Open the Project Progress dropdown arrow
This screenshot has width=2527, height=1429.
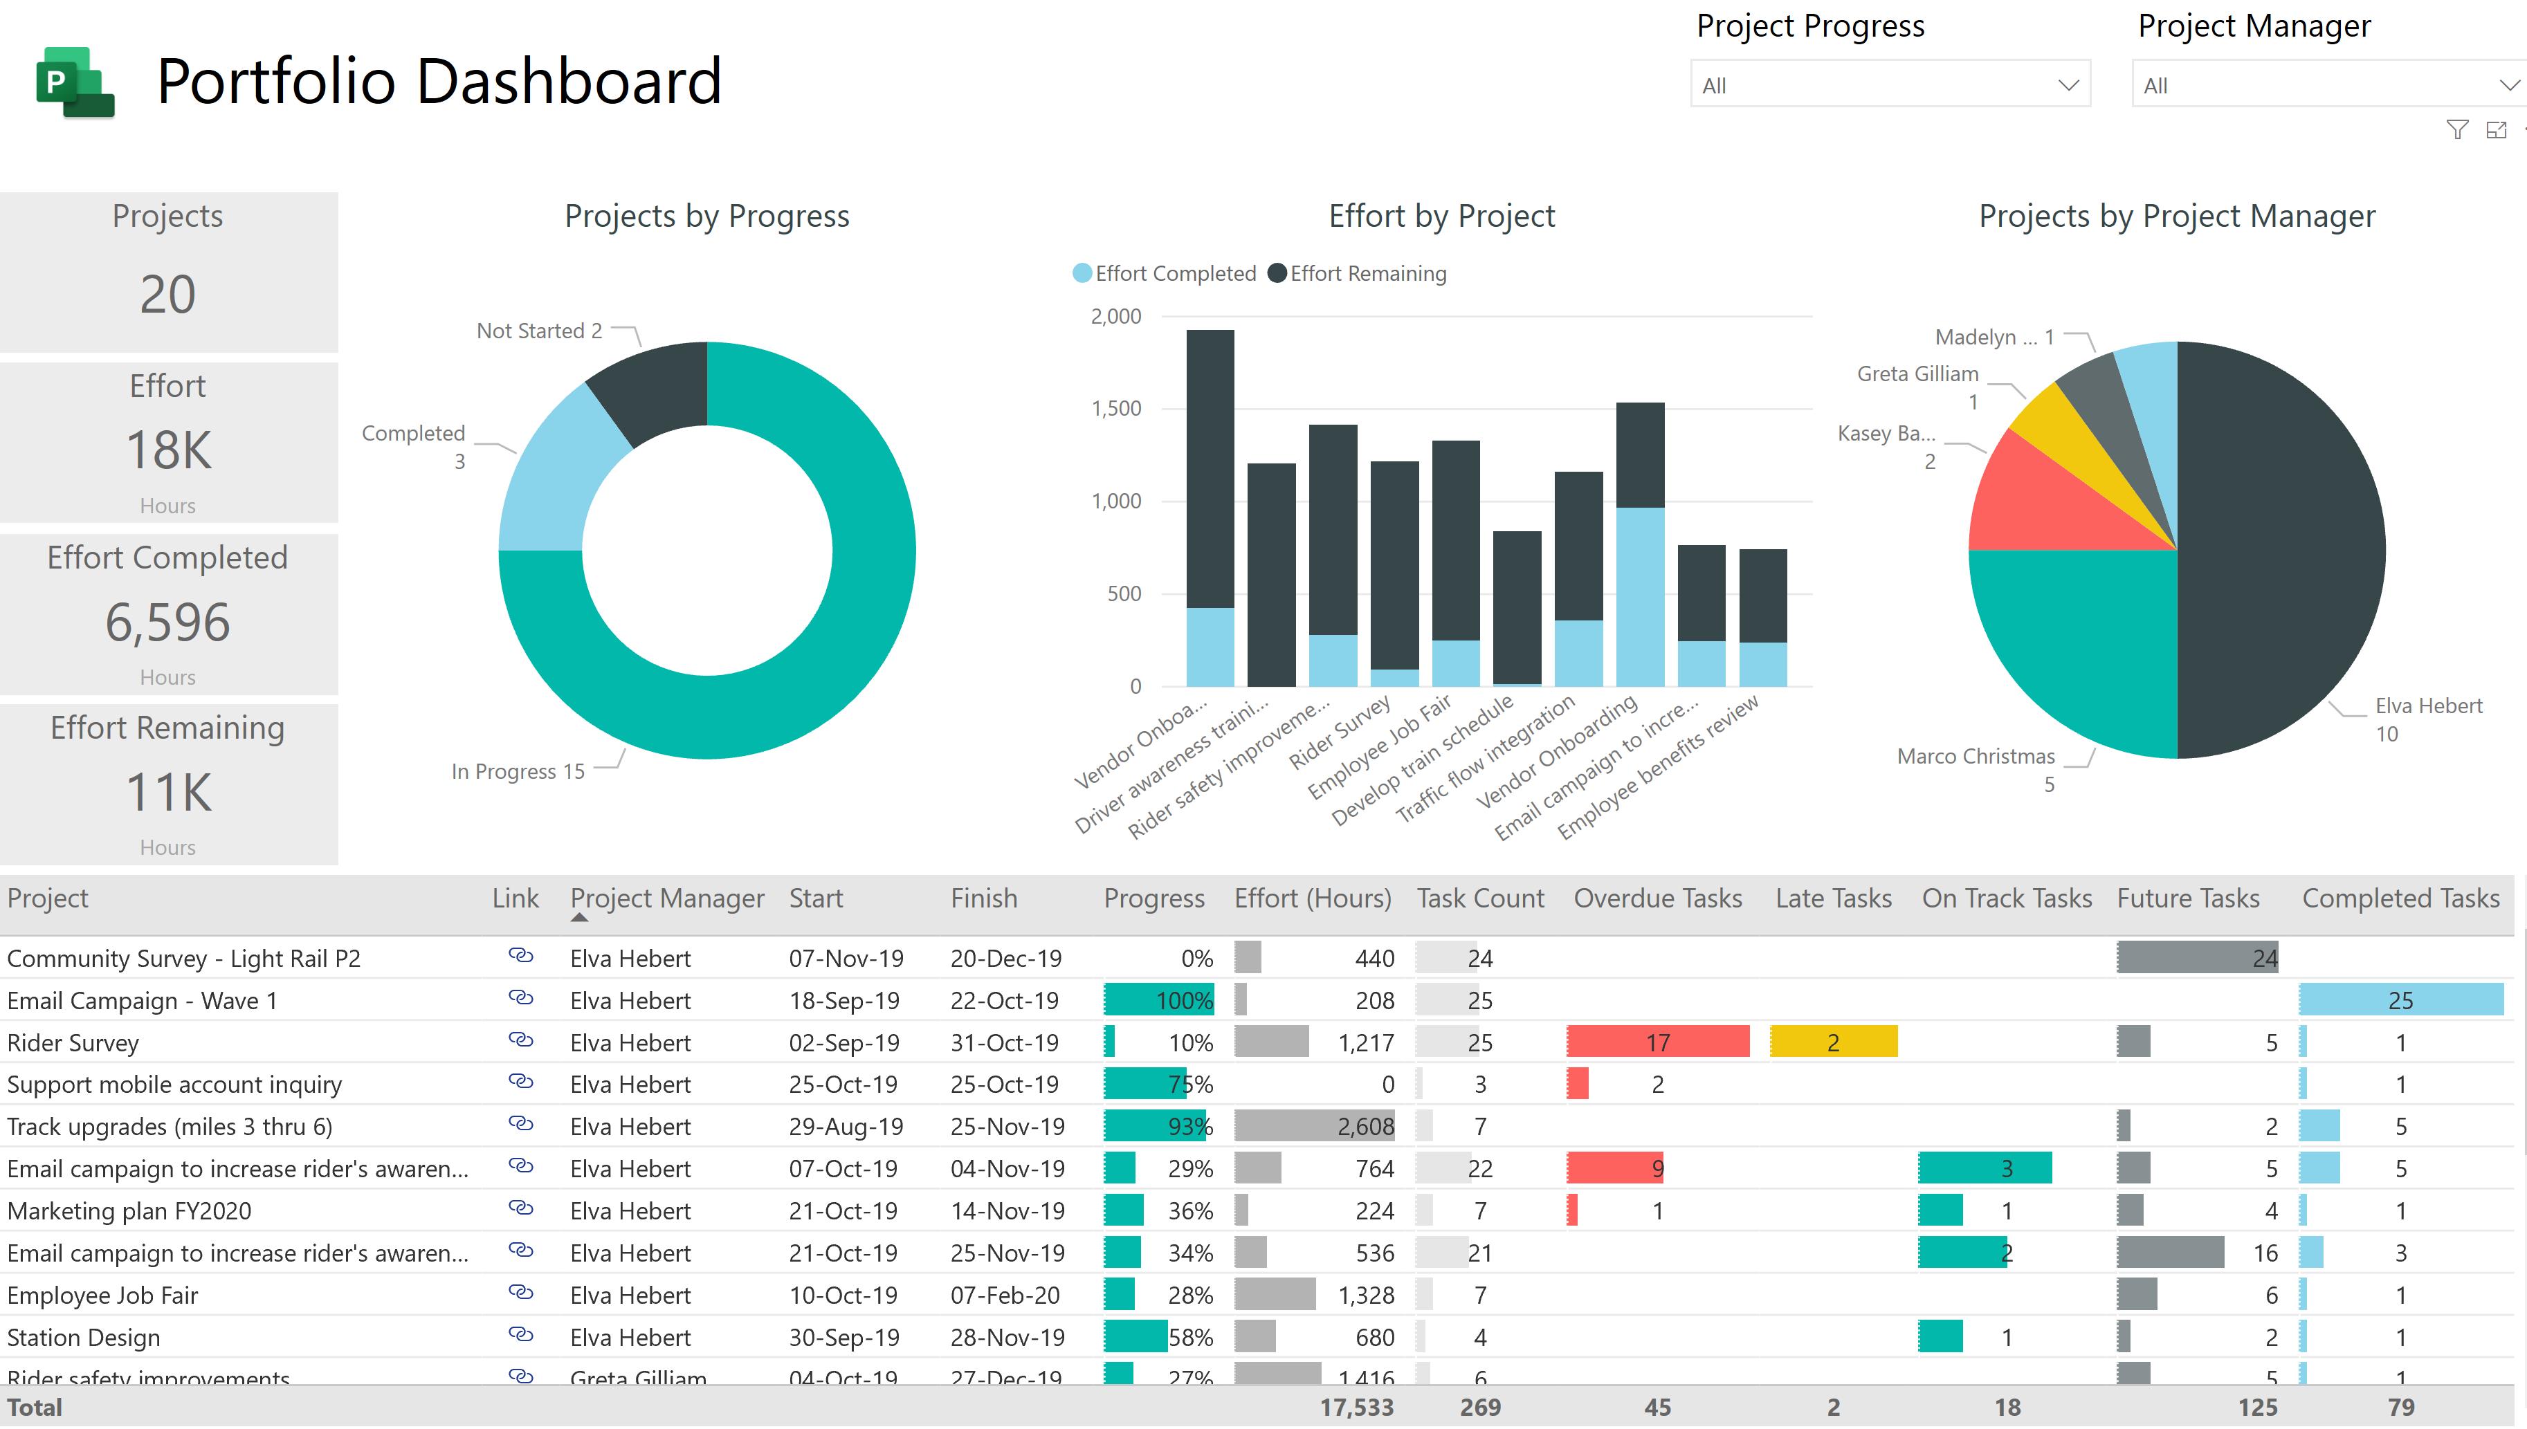(2068, 85)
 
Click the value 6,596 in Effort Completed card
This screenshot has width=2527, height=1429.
(168, 623)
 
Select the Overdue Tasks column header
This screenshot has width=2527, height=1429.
(1657, 898)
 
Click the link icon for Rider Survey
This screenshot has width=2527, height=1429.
(520, 1040)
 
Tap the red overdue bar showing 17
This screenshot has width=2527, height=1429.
(1657, 1042)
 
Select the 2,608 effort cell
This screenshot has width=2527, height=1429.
(1365, 1127)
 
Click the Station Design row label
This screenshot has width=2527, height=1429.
(84, 1338)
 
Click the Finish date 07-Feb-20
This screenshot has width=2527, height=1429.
(1005, 1296)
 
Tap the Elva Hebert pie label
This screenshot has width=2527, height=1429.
(2428, 706)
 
